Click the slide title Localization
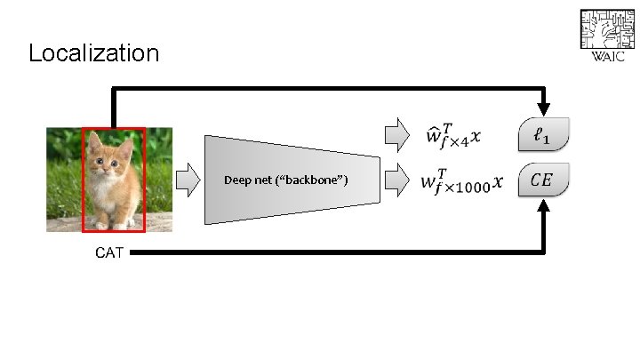pos(93,53)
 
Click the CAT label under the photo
pos(109,252)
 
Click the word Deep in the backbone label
pos(237,180)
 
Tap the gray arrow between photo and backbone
pos(188,180)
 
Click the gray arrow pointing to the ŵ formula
pos(395,135)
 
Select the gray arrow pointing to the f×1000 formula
pos(395,182)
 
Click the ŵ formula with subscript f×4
pos(453,136)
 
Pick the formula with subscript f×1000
pos(460,181)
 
